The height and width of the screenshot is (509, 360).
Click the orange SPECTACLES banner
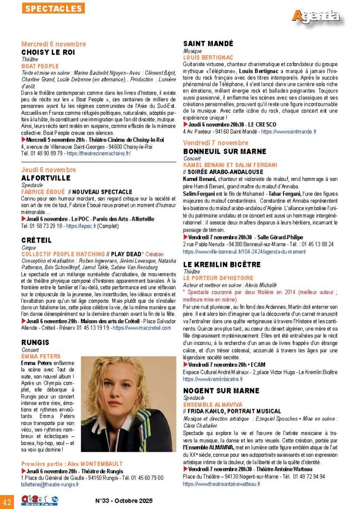(53, 8)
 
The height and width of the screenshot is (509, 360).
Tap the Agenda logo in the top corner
(316, 16)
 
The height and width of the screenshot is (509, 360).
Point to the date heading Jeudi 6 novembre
(48, 170)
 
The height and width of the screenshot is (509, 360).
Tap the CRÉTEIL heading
(36, 240)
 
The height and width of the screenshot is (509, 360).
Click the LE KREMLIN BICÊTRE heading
(226, 264)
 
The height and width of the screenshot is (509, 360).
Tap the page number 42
(7, 499)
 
